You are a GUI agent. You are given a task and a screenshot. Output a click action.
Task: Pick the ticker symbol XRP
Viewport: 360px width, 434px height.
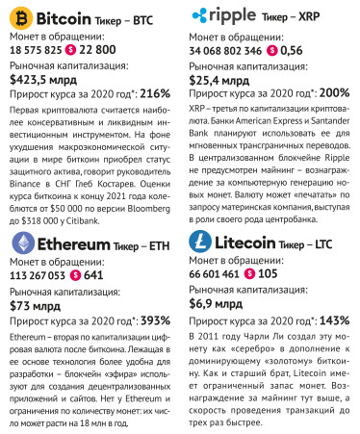click(x=332, y=16)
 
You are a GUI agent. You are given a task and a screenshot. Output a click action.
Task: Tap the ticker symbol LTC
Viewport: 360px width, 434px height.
click(x=334, y=243)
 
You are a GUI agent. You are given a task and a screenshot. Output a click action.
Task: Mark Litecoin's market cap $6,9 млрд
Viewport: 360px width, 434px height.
click(x=221, y=305)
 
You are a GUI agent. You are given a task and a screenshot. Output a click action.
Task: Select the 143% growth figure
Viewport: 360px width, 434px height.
click(x=334, y=320)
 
